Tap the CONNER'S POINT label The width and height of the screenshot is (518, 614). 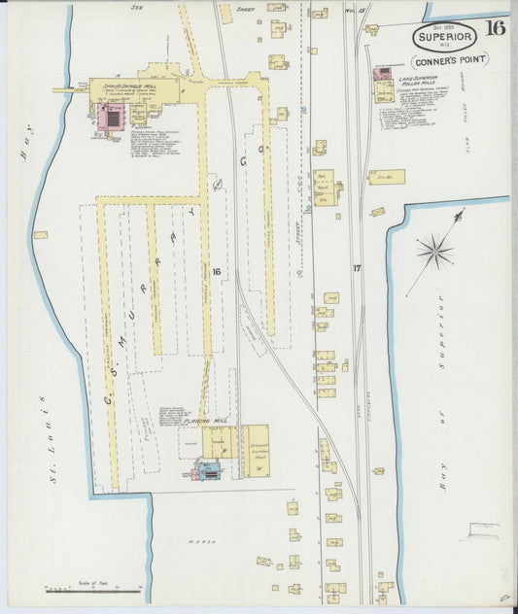(454, 58)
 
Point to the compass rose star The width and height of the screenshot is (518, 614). (434, 253)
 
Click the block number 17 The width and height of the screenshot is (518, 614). (358, 268)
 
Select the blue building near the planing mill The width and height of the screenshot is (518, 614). (207, 471)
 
